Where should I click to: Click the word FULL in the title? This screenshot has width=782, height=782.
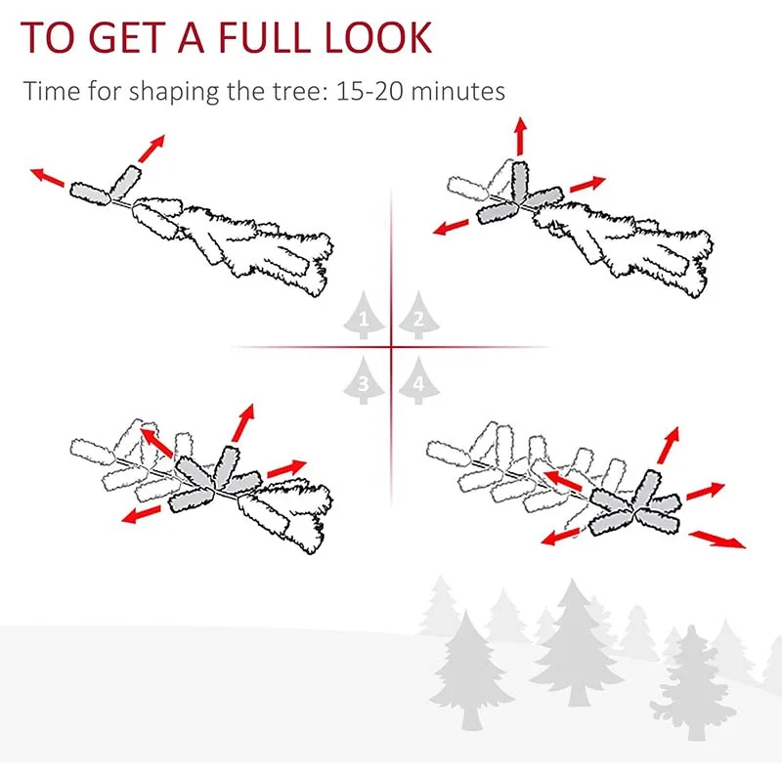[264, 37]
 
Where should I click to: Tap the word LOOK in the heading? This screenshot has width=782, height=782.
[378, 37]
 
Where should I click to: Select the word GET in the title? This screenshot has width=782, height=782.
[126, 37]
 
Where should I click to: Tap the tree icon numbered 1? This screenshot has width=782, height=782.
[364, 315]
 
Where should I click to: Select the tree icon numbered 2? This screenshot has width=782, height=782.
[418, 315]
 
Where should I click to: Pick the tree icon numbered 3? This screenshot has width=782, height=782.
[364, 380]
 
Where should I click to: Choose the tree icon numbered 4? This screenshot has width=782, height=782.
[418, 380]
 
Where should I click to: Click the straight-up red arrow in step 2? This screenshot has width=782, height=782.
[521, 136]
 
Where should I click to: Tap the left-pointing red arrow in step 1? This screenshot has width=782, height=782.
[47, 178]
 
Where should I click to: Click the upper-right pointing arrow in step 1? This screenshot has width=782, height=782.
[152, 149]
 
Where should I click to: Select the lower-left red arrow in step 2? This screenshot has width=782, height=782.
[451, 227]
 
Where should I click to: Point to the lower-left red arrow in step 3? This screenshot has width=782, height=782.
[141, 514]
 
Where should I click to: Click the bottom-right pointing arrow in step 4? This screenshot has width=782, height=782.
[717, 540]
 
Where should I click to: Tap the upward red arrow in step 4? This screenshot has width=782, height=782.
[669, 446]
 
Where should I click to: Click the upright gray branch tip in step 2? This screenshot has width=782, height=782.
[520, 181]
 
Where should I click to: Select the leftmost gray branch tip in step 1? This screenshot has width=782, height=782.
[90, 194]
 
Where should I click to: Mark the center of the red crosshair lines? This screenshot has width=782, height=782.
[391, 347]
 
